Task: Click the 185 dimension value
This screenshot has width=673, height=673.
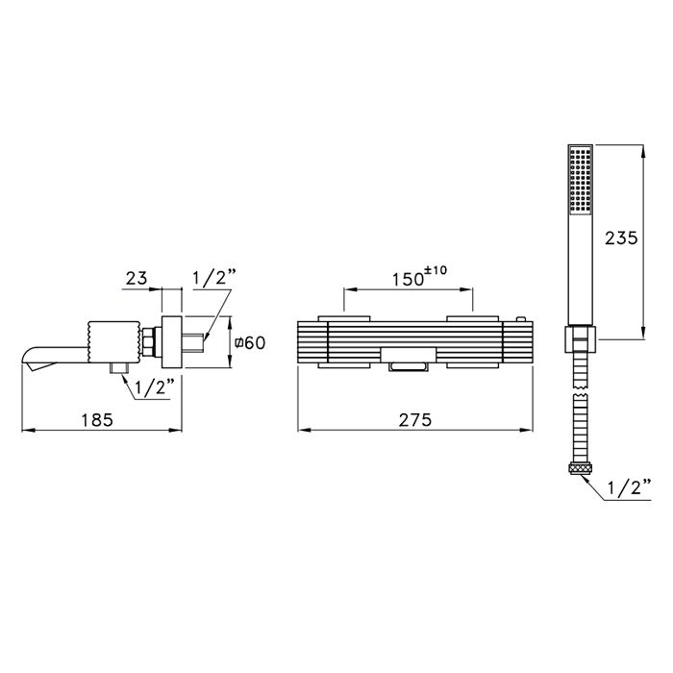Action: [97, 420]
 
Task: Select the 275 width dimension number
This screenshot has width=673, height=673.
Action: [415, 420]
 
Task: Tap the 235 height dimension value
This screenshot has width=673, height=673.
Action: [621, 237]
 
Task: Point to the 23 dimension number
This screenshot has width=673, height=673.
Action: [137, 278]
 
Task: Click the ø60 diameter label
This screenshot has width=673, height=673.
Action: [250, 342]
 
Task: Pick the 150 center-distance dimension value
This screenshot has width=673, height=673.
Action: [409, 280]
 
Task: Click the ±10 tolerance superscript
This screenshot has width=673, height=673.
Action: [436, 270]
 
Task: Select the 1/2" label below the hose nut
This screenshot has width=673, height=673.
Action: [629, 488]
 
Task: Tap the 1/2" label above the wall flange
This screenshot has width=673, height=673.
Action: [213, 278]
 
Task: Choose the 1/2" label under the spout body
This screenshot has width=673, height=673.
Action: [155, 387]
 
